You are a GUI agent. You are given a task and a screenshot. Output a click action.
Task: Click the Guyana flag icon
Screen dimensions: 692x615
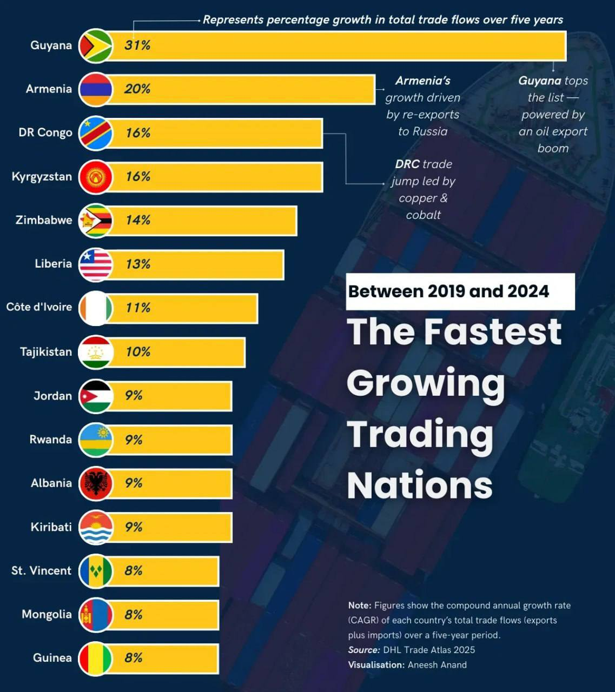(95, 45)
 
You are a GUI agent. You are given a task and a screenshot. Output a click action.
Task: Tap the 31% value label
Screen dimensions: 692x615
(137, 45)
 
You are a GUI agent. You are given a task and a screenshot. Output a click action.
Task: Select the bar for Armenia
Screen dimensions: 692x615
(243, 89)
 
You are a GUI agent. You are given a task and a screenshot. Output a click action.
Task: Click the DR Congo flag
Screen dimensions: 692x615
(95, 133)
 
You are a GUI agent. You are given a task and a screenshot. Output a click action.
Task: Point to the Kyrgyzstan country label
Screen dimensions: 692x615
(42, 177)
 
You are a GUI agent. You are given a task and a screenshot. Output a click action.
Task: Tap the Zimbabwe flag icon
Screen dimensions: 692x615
(95, 221)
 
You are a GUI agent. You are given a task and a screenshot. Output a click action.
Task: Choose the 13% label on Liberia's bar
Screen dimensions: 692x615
(137, 264)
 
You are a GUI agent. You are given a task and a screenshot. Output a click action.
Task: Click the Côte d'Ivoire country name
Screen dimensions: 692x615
(39, 307)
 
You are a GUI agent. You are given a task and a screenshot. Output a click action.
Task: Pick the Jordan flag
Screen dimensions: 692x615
(95, 396)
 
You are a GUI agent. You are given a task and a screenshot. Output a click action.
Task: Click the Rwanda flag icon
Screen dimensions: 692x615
(95, 440)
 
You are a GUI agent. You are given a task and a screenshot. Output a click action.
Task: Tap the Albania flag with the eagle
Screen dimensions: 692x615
(95, 483)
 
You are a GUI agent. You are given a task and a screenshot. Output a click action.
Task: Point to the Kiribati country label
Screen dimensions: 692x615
(51, 527)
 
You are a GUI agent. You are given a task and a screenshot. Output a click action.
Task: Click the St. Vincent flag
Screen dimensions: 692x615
(95, 571)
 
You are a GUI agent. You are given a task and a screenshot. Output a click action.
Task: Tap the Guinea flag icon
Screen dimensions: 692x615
(95, 658)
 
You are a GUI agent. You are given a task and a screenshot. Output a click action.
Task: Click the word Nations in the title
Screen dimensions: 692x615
(420, 485)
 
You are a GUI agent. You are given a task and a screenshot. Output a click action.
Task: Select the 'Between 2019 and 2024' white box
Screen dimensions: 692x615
(460, 291)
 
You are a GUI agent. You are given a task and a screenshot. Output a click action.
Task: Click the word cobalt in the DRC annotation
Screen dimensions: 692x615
(424, 215)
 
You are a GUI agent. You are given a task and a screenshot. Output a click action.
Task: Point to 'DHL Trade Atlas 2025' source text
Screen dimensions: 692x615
(429, 650)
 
